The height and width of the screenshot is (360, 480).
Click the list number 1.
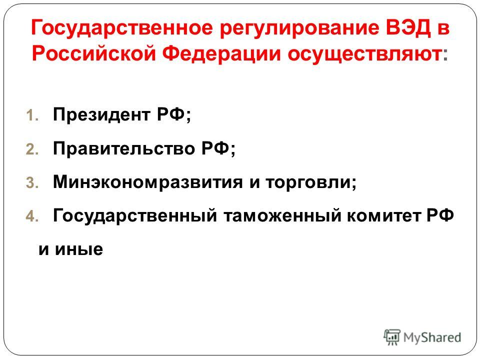click(x=32, y=115)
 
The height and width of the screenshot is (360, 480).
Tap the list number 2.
click(x=32, y=149)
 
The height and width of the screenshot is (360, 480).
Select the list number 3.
click(x=32, y=183)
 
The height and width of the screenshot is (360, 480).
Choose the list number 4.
click(x=32, y=216)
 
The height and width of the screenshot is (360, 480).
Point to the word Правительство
click(x=124, y=149)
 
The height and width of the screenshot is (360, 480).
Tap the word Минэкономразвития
click(x=148, y=182)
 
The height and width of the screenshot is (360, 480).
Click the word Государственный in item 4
click(x=135, y=216)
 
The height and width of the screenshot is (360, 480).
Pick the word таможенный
click(x=282, y=216)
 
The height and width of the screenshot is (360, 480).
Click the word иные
click(x=79, y=249)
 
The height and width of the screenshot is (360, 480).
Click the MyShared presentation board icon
click(x=392, y=337)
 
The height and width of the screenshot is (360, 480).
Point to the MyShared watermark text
click(x=432, y=337)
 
